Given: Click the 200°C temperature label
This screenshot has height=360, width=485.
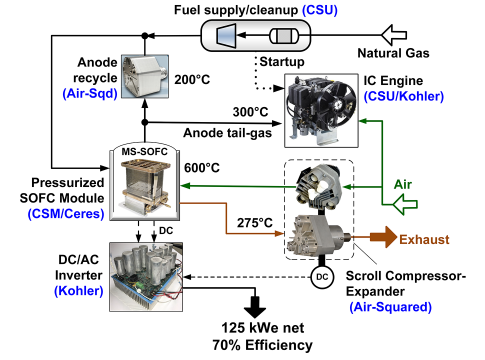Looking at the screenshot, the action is [x=192, y=80].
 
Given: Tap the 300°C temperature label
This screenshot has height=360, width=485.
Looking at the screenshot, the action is [x=250, y=112].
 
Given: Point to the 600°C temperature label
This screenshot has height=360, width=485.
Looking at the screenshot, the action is [x=202, y=168].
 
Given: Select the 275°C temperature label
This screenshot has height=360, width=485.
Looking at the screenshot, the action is [x=255, y=223].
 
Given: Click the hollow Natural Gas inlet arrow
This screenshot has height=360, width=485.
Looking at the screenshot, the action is [x=394, y=35].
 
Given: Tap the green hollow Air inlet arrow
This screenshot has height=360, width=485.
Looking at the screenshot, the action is [x=405, y=204].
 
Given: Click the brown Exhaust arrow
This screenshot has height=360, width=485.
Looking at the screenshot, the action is [x=383, y=237].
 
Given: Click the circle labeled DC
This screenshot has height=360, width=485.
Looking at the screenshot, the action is [x=322, y=277].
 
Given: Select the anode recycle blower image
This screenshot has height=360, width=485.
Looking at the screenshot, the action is [x=145, y=77].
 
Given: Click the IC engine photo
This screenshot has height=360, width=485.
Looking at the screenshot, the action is [x=321, y=111].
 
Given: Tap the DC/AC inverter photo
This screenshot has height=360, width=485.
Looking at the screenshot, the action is [x=146, y=277].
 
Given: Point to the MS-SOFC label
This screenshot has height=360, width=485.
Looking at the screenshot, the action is [x=144, y=152].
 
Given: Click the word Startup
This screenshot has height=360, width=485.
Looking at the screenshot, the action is [x=282, y=62].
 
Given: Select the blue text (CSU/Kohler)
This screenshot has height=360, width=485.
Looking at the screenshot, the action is [x=404, y=96].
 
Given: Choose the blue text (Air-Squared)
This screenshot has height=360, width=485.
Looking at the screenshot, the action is [x=390, y=307].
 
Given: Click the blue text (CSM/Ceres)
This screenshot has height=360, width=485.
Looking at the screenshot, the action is [x=66, y=214].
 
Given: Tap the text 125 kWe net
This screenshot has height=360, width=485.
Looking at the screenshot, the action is [x=263, y=328].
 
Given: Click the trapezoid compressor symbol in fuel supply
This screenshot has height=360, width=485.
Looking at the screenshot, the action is [x=226, y=35].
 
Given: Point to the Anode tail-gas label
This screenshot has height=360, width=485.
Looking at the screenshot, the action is [x=227, y=133].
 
